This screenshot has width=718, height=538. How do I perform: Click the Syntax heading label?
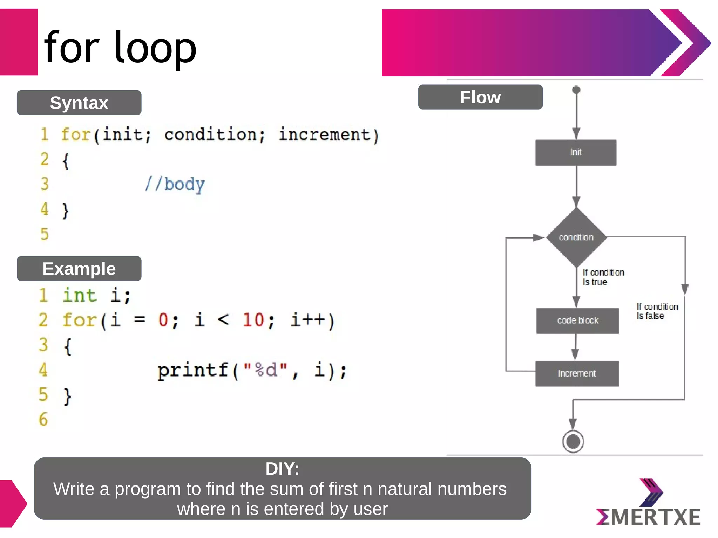click(x=79, y=103)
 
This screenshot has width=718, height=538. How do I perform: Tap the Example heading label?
click(x=79, y=269)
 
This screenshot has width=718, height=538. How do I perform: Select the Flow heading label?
click(x=480, y=97)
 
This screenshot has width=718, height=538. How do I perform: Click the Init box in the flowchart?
click(x=575, y=152)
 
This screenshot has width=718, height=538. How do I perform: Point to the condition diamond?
click(x=576, y=237)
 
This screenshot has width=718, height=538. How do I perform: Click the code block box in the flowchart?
click(x=577, y=320)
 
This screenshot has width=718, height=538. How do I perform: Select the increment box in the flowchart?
click(x=577, y=373)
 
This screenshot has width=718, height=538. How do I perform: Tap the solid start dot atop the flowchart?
click(x=576, y=90)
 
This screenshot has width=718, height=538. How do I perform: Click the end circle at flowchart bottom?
click(x=573, y=441)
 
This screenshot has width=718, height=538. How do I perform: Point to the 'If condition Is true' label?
click(x=603, y=277)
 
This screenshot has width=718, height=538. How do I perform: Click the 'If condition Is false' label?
click(x=657, y=311)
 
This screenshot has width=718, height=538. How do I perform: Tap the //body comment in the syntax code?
click(x=175, y=184)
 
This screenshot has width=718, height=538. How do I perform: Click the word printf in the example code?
click(x=193, y=370)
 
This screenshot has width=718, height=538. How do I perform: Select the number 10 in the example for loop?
click(x=253, y=320)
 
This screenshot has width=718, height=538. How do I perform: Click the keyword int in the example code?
click(x=79, y=295)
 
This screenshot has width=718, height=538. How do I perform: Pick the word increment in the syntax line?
click(x=324, y=135)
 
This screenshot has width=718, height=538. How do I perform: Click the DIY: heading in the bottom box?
click(x=282, y=469)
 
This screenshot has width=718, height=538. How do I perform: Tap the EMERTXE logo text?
click(x=649, y=517)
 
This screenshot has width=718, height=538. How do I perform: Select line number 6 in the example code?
click(x=43, y=420)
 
